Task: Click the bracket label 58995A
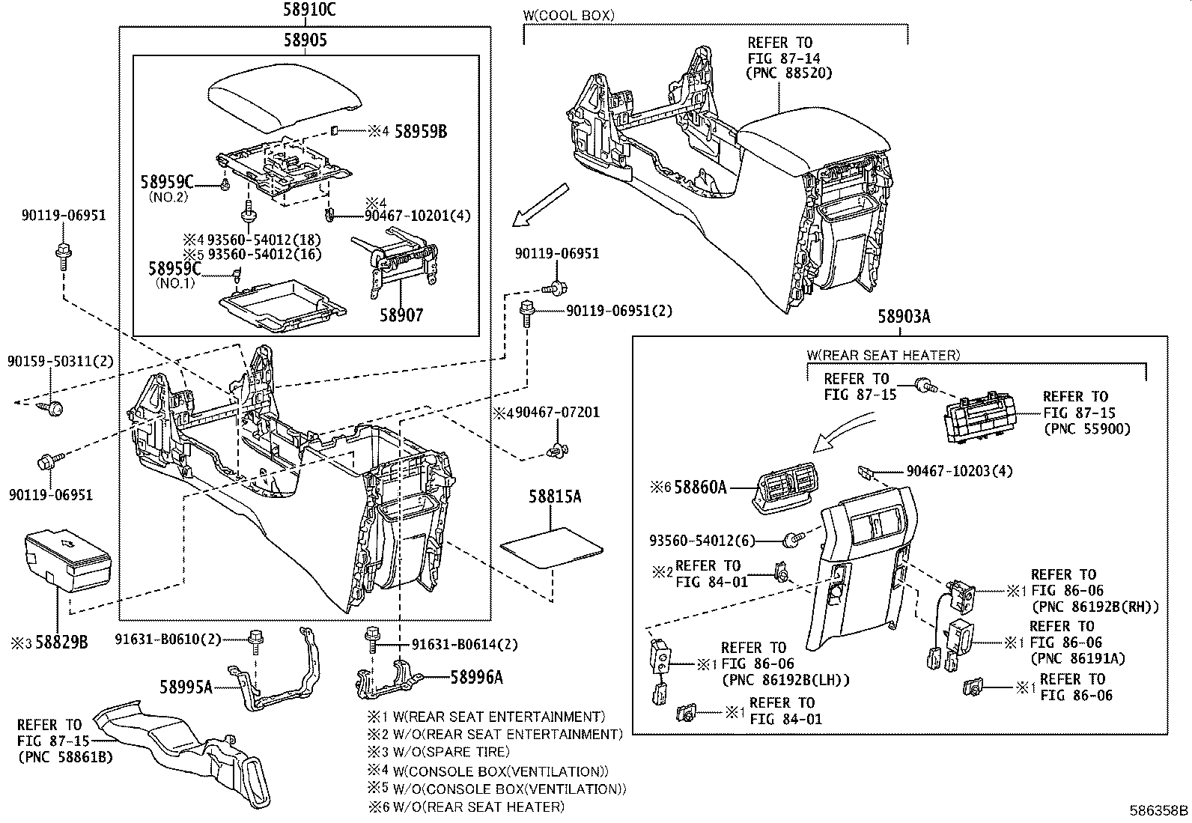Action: pos(186,685)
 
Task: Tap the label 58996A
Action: pos(476,678)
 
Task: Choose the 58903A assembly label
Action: pos(904,317)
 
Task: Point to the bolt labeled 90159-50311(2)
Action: pos(53,407)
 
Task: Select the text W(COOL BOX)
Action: pos(568,14)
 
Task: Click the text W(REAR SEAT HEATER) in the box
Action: pos(884,355)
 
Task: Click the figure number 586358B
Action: pos(1158,810)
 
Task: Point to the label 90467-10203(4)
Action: pos(959,471)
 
